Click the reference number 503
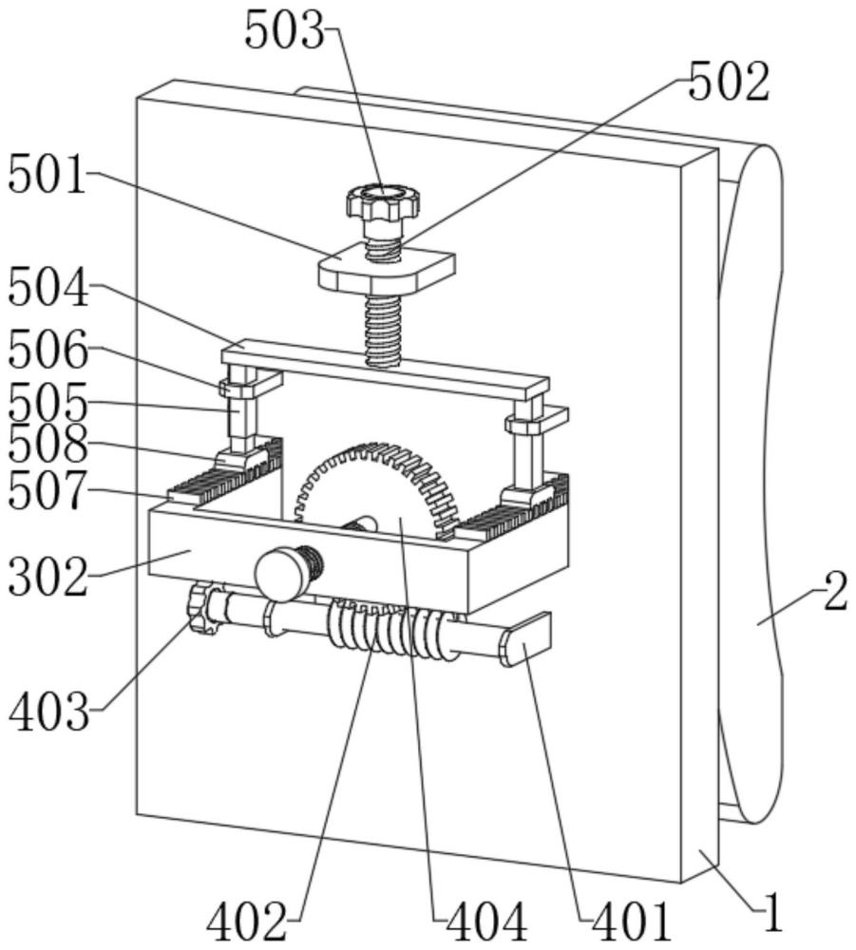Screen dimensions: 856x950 [x=285, y=30]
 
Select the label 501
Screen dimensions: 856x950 [x=48, y=175]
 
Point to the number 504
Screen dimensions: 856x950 [x=48, y=290]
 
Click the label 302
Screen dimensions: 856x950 [x=48, y=577]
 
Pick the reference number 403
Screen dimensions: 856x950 [x=49, y=712]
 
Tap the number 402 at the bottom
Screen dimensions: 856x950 [x=247, y=923]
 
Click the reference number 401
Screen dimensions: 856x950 [x=631, y=923]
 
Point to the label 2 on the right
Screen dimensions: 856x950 [x=835, y=593]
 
